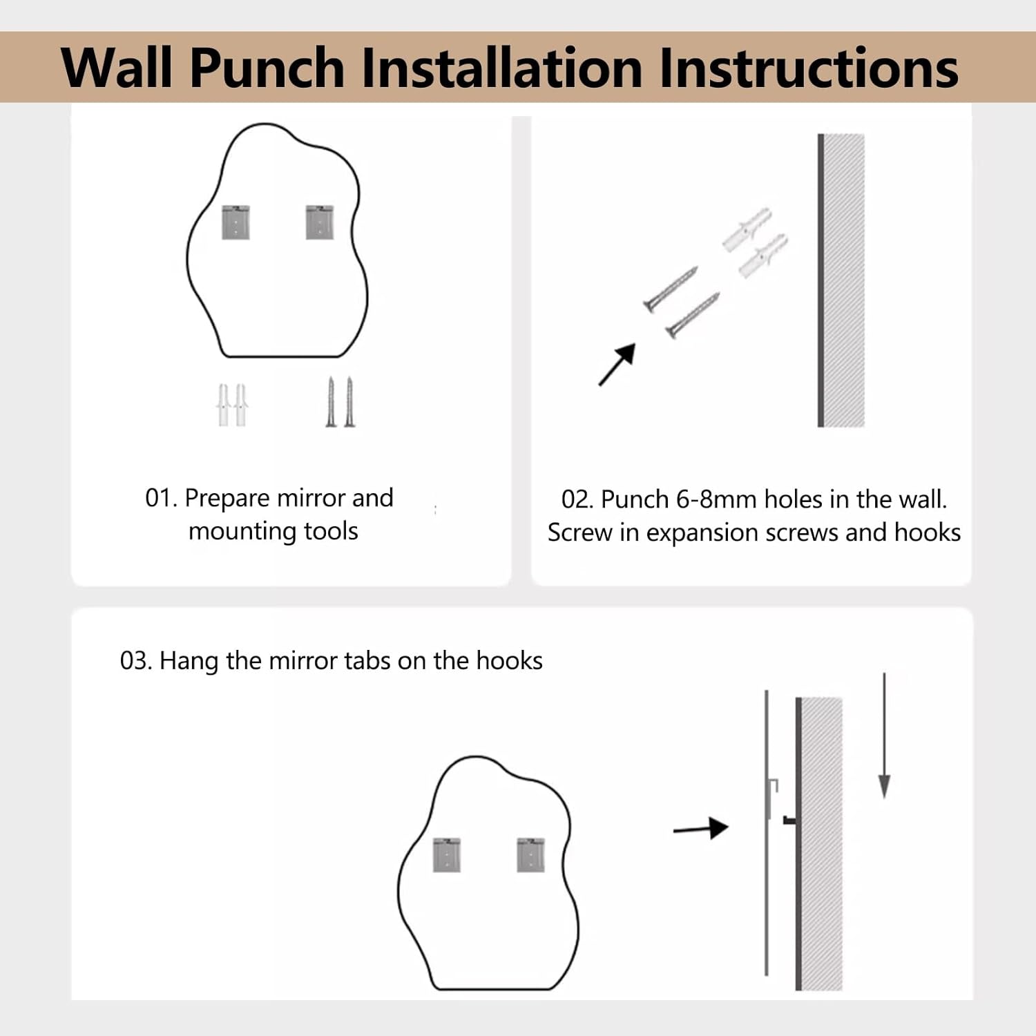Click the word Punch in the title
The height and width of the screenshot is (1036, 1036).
click(267, 68)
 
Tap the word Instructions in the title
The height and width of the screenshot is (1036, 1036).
click(808, 68)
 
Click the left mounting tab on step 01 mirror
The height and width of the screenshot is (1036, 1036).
click(236, 222)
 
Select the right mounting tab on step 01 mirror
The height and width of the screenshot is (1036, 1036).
click(320, 222)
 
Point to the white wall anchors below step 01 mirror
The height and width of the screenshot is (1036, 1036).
click(233, 405)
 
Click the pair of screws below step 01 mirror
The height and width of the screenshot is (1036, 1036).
click(340, 402)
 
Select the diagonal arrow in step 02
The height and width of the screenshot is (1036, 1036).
click(617, 365)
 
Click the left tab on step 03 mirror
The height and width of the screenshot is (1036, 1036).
click(447, 855)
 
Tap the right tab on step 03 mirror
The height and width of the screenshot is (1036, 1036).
click(530, 855)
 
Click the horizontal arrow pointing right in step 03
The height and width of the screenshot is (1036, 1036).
click(700, 828)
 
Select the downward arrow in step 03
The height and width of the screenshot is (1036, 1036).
click(884, 736)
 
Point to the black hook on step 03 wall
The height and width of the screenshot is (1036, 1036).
click(789, 821)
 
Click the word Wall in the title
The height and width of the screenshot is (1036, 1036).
click(117, 68)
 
